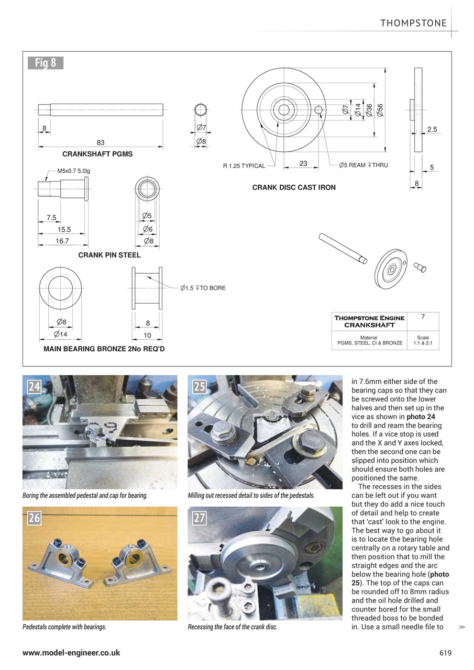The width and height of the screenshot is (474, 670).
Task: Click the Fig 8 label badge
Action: tap(45, 63)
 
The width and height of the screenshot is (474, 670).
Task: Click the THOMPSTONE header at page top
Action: tap(413, 23)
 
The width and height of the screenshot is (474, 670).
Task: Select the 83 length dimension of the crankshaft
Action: tap(101, 142)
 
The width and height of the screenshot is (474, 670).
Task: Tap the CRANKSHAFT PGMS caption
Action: tap(97, 154)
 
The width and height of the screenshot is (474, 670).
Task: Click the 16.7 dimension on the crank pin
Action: tap(62, 241)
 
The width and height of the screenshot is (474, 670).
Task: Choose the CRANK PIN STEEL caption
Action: tap(109, 255)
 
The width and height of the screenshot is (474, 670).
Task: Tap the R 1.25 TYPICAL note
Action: tap(244, 166)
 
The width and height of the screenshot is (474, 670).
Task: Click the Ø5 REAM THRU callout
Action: tap(363, 165)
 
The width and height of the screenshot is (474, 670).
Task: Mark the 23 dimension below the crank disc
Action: tap(303, 163)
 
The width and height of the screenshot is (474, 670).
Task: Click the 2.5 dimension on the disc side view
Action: tap(432, 129)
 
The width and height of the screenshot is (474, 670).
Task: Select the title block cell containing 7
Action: tap(422, 321)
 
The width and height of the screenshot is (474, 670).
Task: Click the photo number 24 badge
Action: tap(35, 387)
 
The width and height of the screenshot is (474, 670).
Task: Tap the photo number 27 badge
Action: tap(200, 518)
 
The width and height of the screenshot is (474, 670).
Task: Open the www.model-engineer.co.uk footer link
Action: tap(71, 653)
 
